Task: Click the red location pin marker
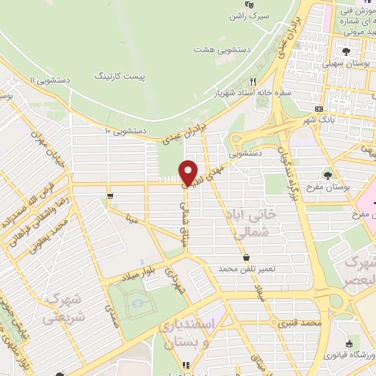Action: pyautogui.click(x=189, y=172)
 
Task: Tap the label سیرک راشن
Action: pyautogui.click(x=269, y=15)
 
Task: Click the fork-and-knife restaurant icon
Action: pyautogui.click(x=253, y=82)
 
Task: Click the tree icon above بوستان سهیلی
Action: pyautogui.click(x=347, y=51)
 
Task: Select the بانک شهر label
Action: pyautogui.click(x=318, y=119)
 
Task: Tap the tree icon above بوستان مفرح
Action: pyautogui.click(x=328, y=175)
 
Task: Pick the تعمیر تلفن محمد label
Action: pyautogui.click(x=246, y=269)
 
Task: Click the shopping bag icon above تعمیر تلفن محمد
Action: pyautogui.click(x=247, y=257)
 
